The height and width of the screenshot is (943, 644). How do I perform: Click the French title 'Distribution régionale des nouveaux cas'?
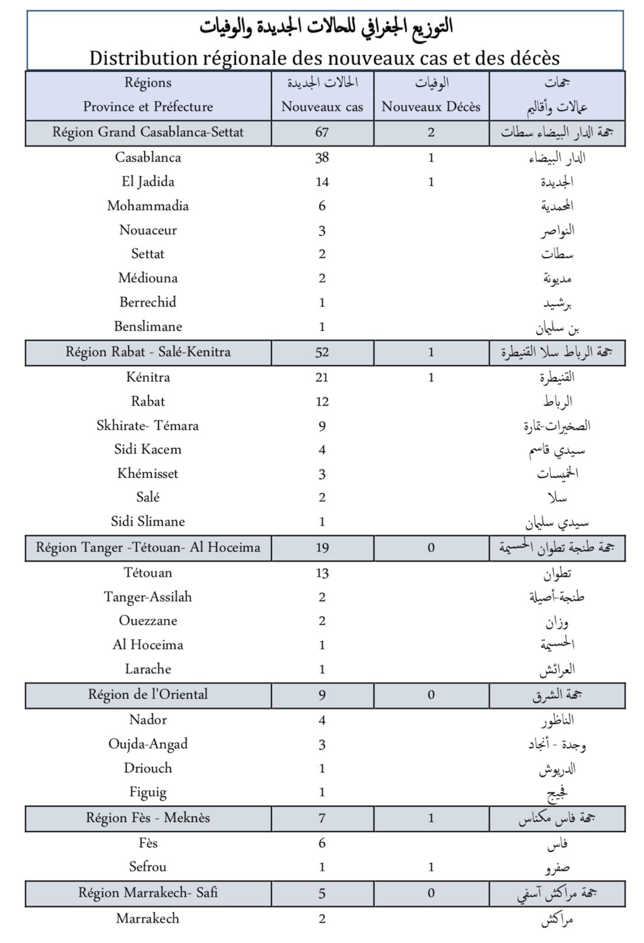324,58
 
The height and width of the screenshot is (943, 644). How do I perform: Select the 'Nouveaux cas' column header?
322,107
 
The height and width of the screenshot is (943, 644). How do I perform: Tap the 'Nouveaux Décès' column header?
431,107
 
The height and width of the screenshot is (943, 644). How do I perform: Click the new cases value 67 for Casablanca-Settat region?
322,132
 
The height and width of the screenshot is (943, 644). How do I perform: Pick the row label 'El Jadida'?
148,182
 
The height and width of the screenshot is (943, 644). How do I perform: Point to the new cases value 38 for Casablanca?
322,157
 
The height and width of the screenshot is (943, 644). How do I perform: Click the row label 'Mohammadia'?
148,206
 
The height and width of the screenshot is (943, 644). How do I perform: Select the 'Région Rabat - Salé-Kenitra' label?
148,352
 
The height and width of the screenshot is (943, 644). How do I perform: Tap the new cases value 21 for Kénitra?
322,377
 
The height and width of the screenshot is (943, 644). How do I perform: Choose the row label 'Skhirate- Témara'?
148,426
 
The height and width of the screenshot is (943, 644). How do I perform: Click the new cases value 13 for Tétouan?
322,573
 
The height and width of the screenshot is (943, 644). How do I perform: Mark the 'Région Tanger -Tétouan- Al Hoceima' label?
148,548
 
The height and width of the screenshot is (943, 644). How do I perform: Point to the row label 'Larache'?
148,669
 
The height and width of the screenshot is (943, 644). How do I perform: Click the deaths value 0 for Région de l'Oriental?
431,695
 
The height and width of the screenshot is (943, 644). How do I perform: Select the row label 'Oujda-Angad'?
148,744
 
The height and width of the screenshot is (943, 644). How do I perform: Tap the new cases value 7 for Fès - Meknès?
322,818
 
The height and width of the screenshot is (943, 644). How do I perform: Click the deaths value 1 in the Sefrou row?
431,867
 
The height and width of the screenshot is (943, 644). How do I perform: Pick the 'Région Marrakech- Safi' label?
148,893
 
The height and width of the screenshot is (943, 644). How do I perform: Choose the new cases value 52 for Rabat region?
322,352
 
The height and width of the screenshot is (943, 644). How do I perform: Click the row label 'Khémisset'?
148,473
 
